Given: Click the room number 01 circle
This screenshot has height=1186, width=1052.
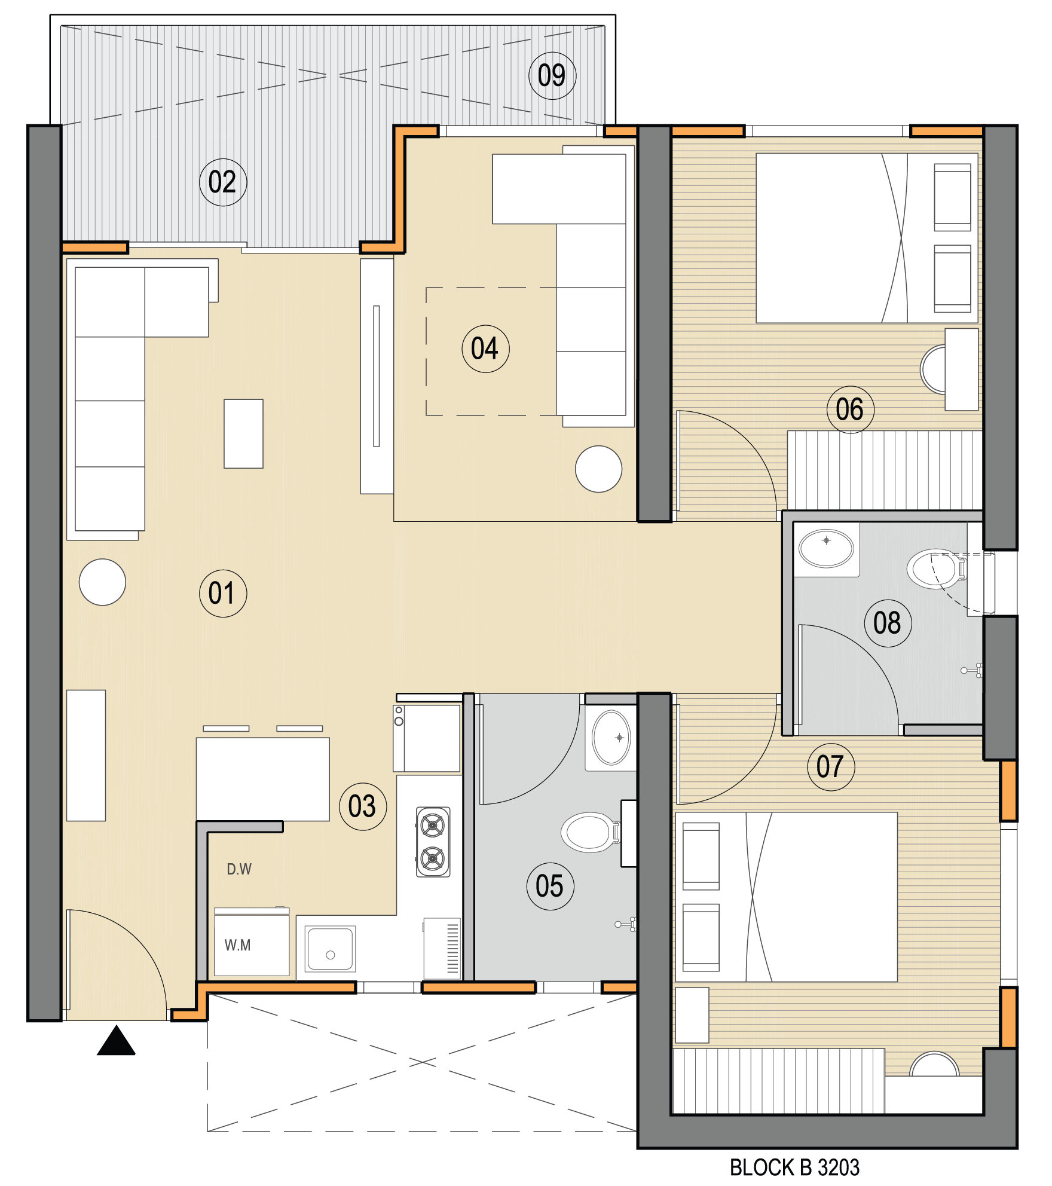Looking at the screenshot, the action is tap(223, 594).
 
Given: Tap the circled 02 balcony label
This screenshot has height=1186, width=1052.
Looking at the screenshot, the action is tap(223, 182).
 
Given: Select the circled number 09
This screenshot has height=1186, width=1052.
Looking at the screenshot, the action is tap(552, 76).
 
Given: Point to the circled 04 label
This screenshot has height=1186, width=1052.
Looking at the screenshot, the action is tap(485, 349).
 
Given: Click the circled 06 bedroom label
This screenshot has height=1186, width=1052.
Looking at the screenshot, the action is tap(851, 410).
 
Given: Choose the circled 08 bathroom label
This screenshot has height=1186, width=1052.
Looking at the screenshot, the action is tap(888, 623).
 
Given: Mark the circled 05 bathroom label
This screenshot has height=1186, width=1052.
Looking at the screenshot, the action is tap(551, 887).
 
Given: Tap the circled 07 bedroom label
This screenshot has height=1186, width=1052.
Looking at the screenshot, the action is tap(831, 767).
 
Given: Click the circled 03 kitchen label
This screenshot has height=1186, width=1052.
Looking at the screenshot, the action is tap(363, 807).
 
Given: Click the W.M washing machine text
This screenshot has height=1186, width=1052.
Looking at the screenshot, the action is tap(237, 945).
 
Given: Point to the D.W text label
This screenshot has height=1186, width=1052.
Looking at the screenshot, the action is tap(239, 869).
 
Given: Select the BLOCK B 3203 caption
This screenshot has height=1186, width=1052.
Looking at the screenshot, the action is tap(794, 1167).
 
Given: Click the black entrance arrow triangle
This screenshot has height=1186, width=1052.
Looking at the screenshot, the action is tap(117, 1042).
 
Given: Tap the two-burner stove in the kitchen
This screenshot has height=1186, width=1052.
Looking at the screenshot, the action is tap(433, 842).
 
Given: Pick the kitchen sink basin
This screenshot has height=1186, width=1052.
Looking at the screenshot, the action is tap(330, 949).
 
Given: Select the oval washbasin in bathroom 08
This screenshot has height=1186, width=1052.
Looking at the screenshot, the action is tap(827, 549).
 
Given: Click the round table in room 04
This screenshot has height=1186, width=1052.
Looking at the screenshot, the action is tap(598, 469).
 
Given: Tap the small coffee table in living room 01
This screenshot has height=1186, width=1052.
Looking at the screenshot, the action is tap(243, 433).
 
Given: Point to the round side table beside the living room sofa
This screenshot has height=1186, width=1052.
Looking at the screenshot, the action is tap(102, 582).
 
